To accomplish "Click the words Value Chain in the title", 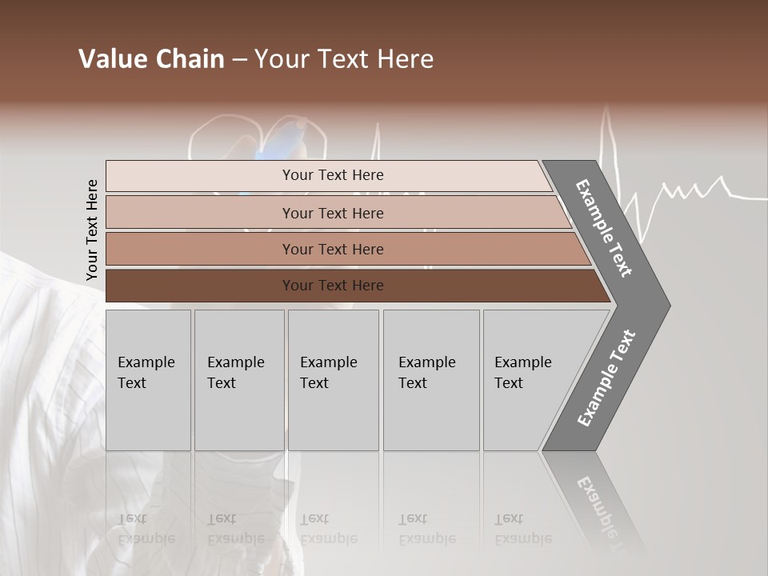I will pos(151,59).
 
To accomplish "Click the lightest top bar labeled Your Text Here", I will pos(332,175).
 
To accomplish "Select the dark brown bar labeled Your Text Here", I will pos(332,286).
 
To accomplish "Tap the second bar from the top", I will pos(332,213).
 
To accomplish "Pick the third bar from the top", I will pos(332,249).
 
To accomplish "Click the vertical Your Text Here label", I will pos(92,230).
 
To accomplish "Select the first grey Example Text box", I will pos(148,380).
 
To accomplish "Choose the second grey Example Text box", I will pos(238,380).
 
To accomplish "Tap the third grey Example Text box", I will pos(333,380).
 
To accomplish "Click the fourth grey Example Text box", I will pos(430,380).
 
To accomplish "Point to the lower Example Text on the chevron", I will pos(606,378).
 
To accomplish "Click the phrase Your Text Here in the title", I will pos(344,59).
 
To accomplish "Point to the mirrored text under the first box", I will pos(146,529).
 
